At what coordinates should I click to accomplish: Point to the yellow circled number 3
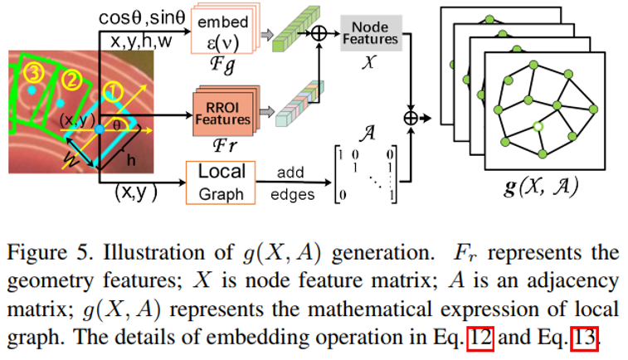pos(32,74)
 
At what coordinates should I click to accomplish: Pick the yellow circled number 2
pos(71,80)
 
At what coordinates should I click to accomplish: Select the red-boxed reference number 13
pos(584,338)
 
